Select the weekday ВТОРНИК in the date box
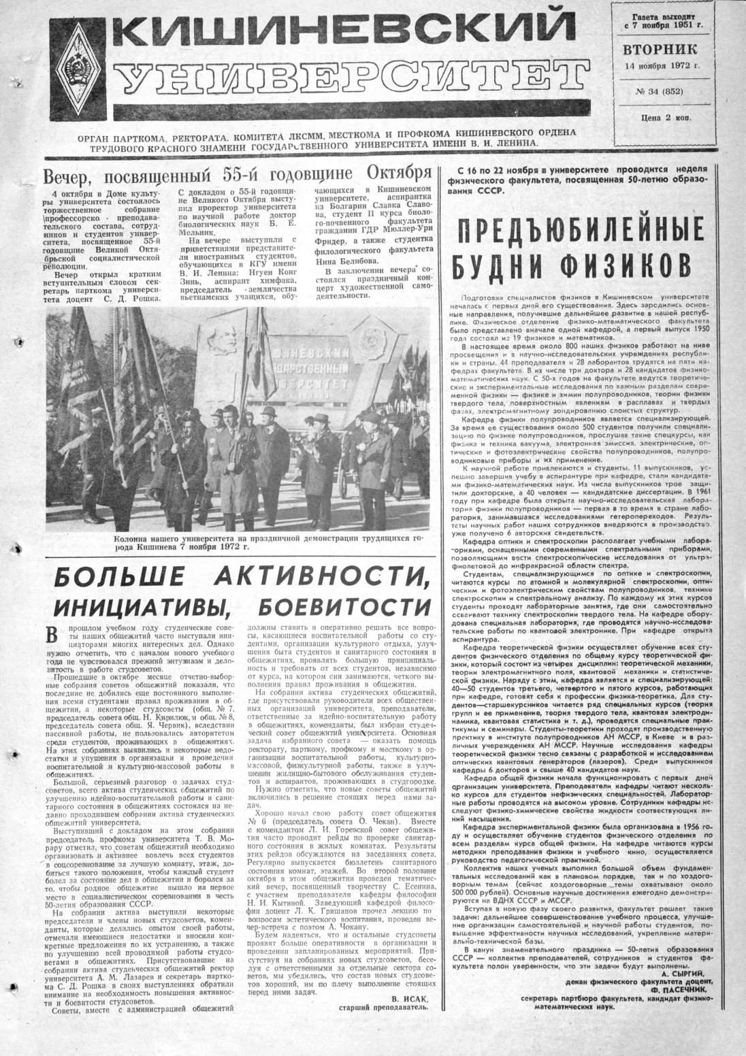pos(659,50)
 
